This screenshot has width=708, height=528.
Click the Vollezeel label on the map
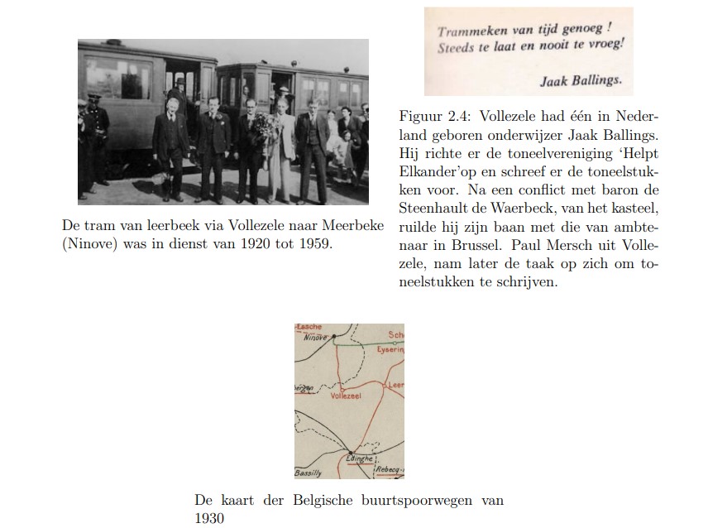(x=346, y=396)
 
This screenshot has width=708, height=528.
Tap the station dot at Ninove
(x=336, y=337)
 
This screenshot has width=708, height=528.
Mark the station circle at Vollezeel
(x=342, y=386)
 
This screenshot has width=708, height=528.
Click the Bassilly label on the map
(x=308, y=473)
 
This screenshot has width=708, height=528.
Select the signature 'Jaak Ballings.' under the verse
(x=580, y=81)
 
